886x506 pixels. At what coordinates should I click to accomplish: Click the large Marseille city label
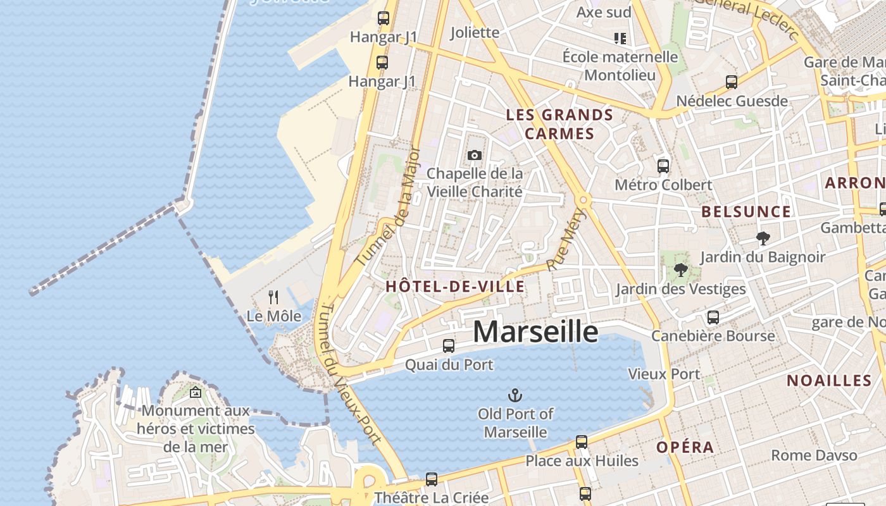pyautogui.click(x=535, y=331)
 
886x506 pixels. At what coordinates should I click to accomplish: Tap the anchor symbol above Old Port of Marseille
pyautogui.click(x=515, y=396)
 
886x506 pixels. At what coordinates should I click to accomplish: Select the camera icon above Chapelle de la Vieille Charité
pyautogui.click(x=474, y=155)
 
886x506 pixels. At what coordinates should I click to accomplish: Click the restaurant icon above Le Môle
pyautogui.click(x=273, y=297)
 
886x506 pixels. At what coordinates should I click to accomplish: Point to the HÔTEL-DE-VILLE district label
pyautogui.click(x=455, y=287)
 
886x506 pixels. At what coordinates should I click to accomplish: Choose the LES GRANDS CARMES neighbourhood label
pyautogui.click(x=560, y=124)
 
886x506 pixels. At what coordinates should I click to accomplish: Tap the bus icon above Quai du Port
pyautogui.click(x=449, y=345)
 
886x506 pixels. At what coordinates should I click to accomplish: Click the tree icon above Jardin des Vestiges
pyautogui.click(x=681, y=271)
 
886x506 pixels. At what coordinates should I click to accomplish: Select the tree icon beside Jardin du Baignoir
pyautogui.click(x=763, y=238)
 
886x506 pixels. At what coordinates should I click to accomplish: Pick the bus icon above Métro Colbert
pyautogui.click(x=663, y=166)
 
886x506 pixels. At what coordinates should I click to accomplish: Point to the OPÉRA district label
pyautogui.click(x=685, y=447)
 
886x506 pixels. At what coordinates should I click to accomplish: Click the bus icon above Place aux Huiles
pyautogui.click(x=582, y=441)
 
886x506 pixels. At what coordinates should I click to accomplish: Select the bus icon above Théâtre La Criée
pyautogui.click(x=432, y=479)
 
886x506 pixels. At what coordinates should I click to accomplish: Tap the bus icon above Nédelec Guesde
pyautogui.click(x=732, y=82)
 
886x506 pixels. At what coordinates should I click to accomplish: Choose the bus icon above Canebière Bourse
pyautogui.click(x=713, y=317)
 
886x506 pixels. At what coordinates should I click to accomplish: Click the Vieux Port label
pyautogui.click(x=664, y=374)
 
